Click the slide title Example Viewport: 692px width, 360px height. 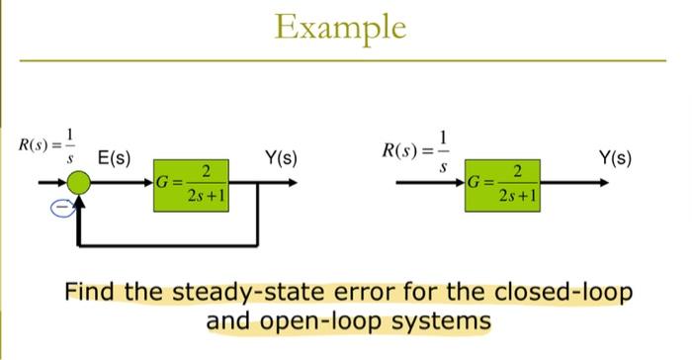tap(341, 27)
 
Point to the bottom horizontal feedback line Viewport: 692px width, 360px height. tap(168, 243)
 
